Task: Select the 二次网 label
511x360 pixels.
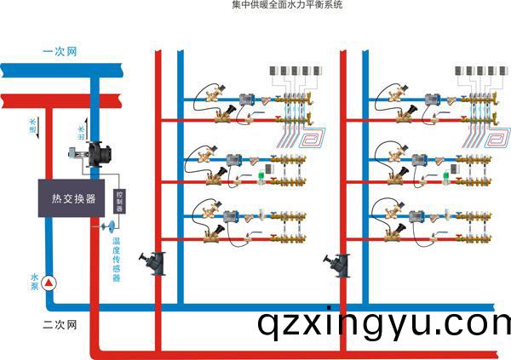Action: pyautogui.click(x=60, y=324)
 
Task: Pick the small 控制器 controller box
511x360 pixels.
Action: pyautogui.click(x=119, y=201)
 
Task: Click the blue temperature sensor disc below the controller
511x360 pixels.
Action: pyautogui.click(x=108, y=226)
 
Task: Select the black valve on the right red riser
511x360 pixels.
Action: pyautogui.click(x=339, y=262)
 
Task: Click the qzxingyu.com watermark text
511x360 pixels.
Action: pyautogui.click(x=383, y=323)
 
